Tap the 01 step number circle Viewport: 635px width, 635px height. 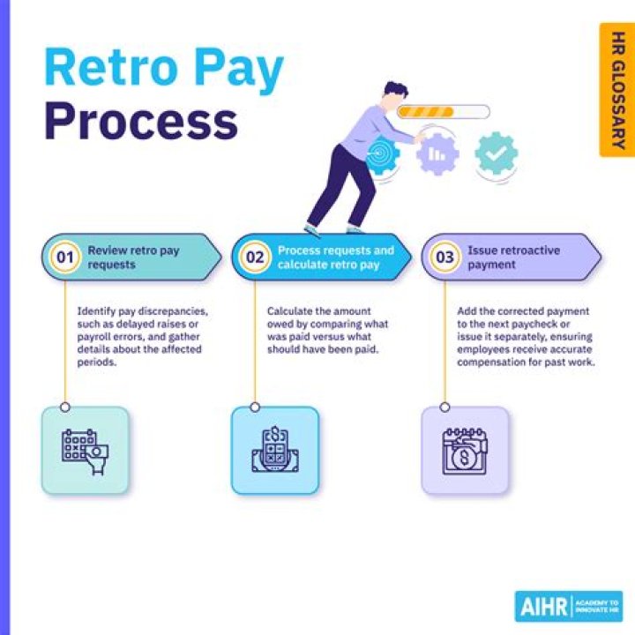tap(63, 258)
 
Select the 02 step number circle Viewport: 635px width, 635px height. tap(254, 258)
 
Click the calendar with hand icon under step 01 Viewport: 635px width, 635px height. tap(86, 450)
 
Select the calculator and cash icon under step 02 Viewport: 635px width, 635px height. tap(274, 450)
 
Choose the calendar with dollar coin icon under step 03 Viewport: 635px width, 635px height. tap(465, 450)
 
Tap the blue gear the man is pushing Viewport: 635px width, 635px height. tap(382, 153)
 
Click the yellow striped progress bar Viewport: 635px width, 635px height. tap(444, 112)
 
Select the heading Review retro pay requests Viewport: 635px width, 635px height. tap(133, 257)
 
